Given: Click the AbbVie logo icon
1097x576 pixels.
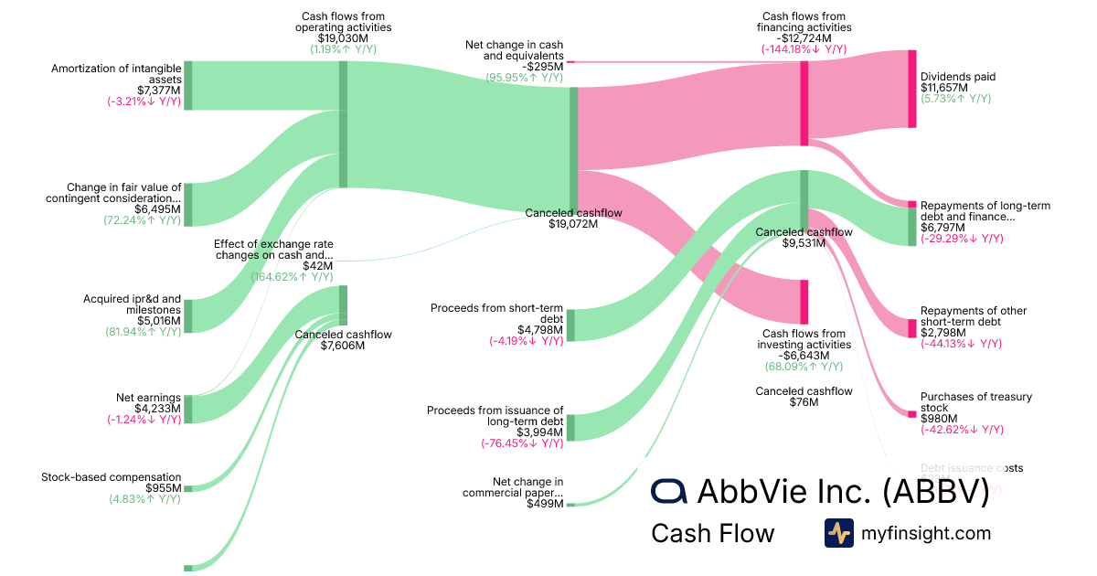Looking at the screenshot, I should point(669,491).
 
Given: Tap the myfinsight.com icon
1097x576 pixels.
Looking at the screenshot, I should point(838,533).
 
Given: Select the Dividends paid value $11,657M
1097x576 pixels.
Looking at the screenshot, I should point(944,88).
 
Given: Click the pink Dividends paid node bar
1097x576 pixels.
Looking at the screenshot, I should point(911,89).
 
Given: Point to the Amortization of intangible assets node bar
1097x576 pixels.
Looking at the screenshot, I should point(188,86).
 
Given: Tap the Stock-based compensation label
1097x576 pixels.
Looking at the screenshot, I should point(112,477).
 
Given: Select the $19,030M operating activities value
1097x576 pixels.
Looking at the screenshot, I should point(343,38).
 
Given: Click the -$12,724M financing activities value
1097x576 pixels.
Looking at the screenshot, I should point(805,38).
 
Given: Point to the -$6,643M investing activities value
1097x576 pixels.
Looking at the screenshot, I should point(804,356).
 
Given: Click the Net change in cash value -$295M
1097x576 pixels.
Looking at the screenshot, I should point(542,66).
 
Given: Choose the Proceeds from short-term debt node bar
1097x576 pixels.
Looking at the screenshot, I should point(570,325).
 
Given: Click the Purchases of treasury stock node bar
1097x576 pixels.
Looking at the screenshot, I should point(911,414).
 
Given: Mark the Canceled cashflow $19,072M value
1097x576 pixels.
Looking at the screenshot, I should point(573,224).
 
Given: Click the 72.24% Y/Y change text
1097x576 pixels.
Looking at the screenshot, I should point(143,220).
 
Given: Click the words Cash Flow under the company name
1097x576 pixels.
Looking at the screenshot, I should point(712,533).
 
